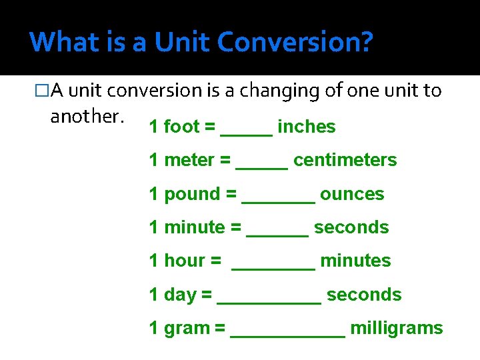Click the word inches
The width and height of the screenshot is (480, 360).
coord(306,127)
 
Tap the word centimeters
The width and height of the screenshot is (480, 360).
coord(345,160)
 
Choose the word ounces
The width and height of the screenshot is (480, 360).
coord(352,194)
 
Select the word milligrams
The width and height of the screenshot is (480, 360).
coord(396,328)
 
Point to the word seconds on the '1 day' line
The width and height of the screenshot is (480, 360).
coord(364,295)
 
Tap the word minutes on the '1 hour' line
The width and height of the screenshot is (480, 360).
coord(355,261)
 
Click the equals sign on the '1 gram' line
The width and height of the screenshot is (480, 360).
coord(219,328)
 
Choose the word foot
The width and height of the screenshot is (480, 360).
coord(181,127)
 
